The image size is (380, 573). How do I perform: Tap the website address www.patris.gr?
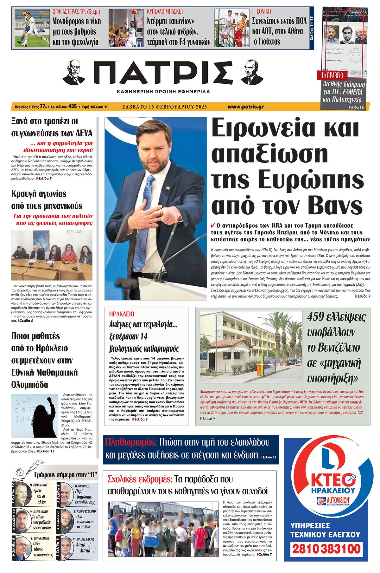pyautogui.click(x=245, y=107)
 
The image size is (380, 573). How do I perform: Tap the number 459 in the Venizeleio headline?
pyautogui.click(x=319, y=317)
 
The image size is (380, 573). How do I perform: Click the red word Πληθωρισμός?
pyautogui.click(x=131, y=442)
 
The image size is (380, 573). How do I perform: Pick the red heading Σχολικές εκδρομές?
pyautogui.click(x=140, y=479)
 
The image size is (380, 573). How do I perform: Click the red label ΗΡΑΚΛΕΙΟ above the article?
pyautogui.click(x=122, y=314)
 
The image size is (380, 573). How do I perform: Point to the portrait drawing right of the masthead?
pyautogui.click(x=252, y=71)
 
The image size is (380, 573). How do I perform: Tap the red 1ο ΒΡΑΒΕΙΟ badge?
pyautogui.click(x=332, y=75)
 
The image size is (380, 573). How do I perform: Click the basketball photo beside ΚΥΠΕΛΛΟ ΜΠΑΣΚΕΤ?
pyautogui.click(x=126, y=28)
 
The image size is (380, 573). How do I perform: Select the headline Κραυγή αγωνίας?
pyautogui.click(x=39, y=193)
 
